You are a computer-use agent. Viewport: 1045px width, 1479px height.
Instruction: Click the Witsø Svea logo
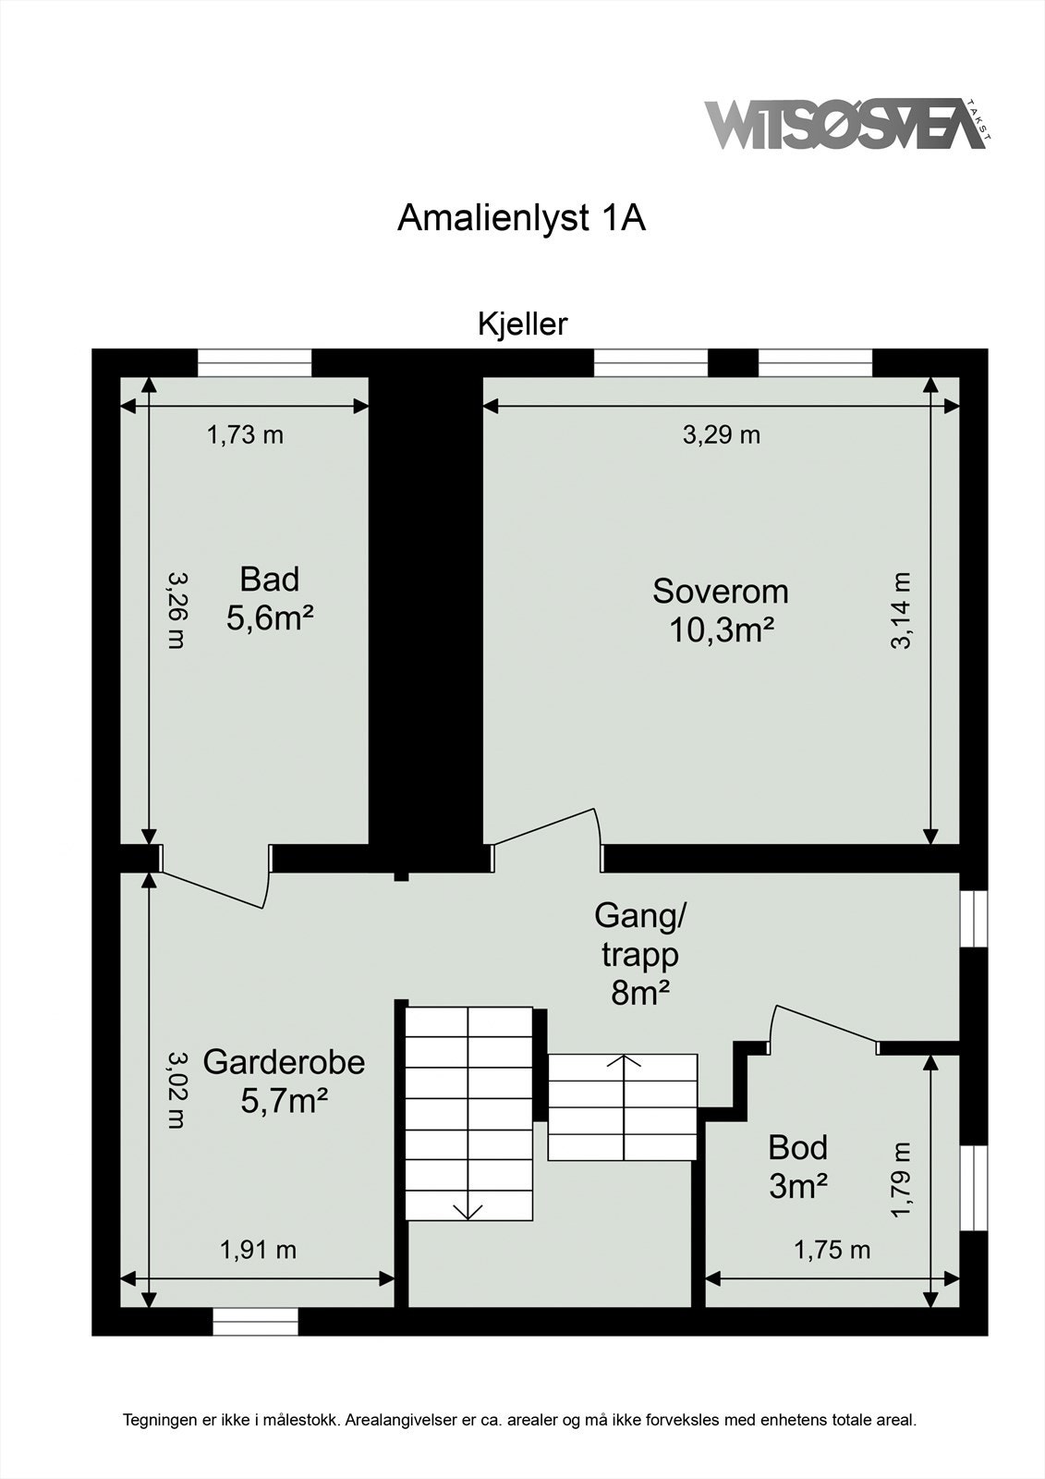[845, 125]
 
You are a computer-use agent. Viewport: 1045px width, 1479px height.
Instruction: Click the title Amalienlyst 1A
[521, 218]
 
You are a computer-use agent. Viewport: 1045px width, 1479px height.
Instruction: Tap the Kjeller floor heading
[522, 324]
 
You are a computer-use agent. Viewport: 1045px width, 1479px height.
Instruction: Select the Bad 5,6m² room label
[270, 599]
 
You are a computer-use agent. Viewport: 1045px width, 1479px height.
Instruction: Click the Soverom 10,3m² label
[721, 610]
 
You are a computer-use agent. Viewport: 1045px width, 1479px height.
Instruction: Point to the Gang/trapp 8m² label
[639, 954]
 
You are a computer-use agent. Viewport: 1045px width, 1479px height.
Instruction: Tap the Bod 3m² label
[797, 1167]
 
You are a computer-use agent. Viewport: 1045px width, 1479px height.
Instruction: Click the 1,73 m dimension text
[245, 434]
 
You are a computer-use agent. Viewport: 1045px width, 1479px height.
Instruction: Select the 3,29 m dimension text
[722, 434]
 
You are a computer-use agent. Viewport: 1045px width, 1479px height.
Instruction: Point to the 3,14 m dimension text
[902, 610]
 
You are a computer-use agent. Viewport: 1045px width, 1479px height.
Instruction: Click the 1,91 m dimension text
[258, 1251]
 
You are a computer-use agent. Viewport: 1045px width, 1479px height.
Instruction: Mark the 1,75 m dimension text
[832, 1251]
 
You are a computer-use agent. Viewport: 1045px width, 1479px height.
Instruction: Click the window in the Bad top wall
[255, 362]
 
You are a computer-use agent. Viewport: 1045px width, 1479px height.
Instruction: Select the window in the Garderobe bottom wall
[256, 1322]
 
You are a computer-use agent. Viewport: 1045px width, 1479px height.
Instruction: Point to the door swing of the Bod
[822, 1024]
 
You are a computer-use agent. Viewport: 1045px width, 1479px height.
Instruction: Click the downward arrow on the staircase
[468, 1209]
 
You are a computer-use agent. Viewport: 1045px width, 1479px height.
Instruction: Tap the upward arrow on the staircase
[623, 1063]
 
